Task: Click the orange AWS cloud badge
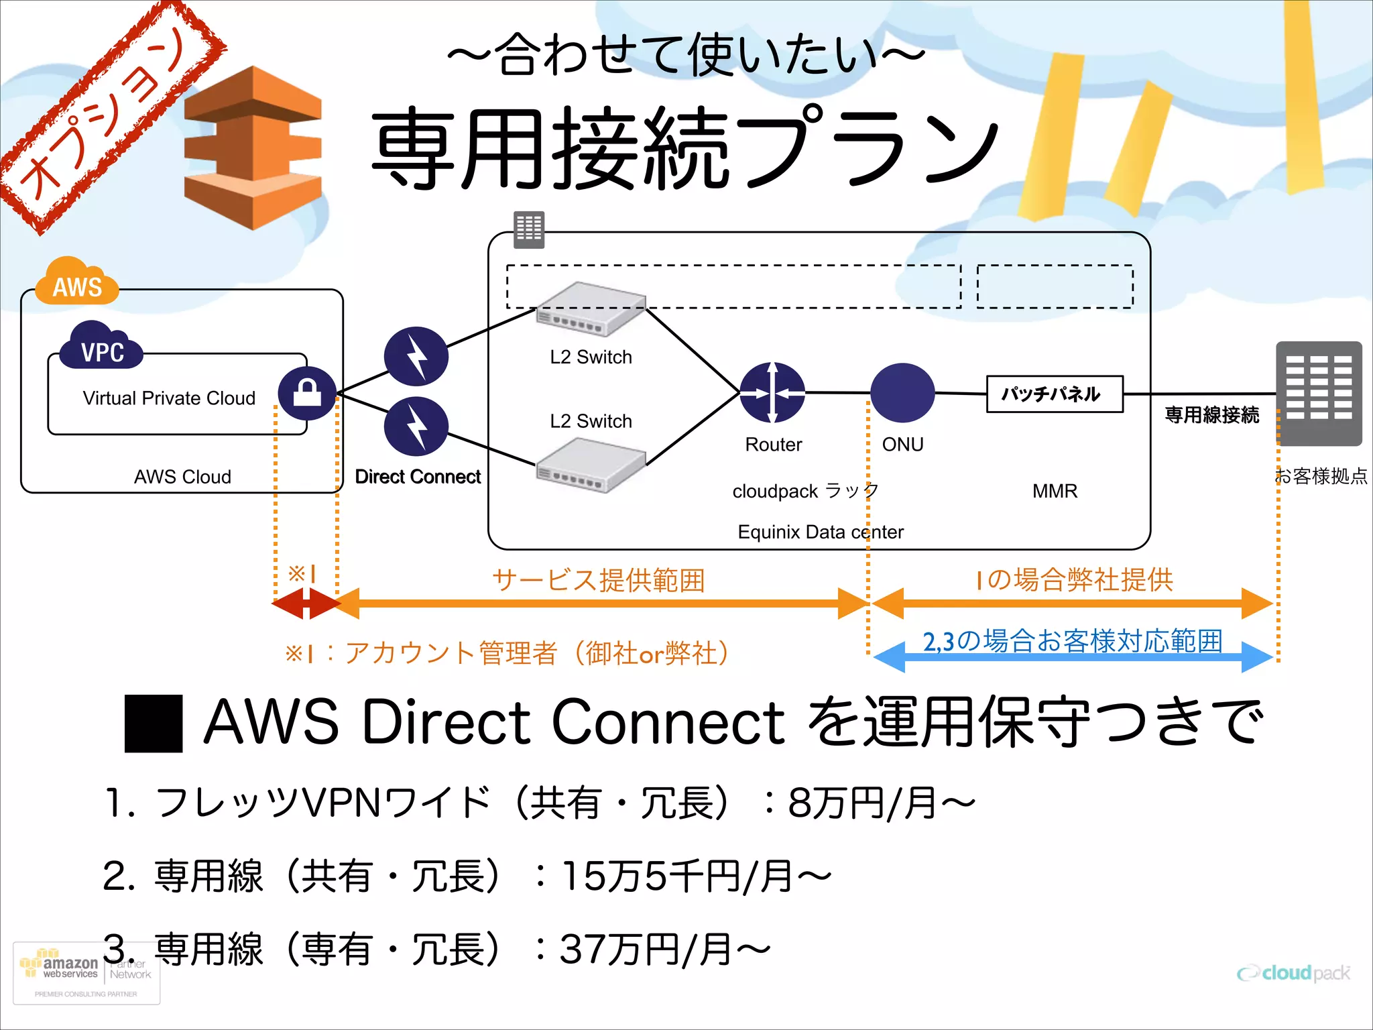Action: [76, 283]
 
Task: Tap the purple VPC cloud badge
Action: [102, 347]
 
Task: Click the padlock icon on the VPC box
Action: [307, 393]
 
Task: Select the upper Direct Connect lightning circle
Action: [416, 356]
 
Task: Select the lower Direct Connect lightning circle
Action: [416, 426]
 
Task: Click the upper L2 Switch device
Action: [590, 310]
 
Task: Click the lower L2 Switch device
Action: [590, 465]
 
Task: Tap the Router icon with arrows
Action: [772, 393]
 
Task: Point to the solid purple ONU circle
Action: [902, 393]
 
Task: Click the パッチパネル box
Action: [1054, 394]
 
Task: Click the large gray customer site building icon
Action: [1318, 393]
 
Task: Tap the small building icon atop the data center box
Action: [528, 229]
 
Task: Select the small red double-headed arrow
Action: [306, 604]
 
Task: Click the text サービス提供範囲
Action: [598, 580]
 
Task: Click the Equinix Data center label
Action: [820, 532]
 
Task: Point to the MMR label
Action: [1054, 492]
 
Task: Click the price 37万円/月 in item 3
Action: [664, 950]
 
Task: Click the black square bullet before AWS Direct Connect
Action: [154, 724]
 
